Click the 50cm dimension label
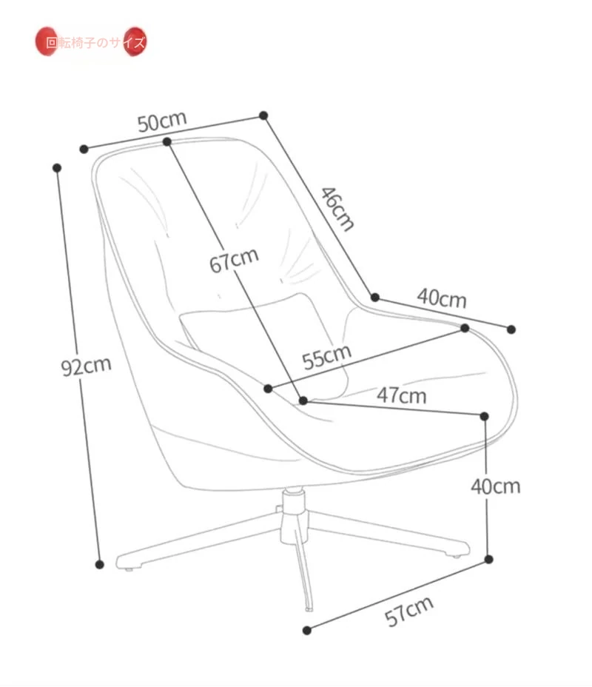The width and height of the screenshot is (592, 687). [162, 121]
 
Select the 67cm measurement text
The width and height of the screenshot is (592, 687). [234, 260]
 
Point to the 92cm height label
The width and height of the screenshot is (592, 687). [86, 365]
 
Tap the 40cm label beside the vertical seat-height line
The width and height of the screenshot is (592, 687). [496, 486]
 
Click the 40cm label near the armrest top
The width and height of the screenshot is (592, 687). [442, 298]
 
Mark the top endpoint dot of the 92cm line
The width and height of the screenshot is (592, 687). [57, 167]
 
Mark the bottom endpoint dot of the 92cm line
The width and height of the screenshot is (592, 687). [100, 564]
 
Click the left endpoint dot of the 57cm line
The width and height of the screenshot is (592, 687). [306, 631]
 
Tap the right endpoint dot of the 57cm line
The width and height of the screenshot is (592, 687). [488, 559]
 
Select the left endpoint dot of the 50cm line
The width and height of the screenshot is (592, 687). [84, 149]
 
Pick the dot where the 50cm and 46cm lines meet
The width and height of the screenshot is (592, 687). [263, 115]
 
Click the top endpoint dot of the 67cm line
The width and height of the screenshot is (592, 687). [167, 141]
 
